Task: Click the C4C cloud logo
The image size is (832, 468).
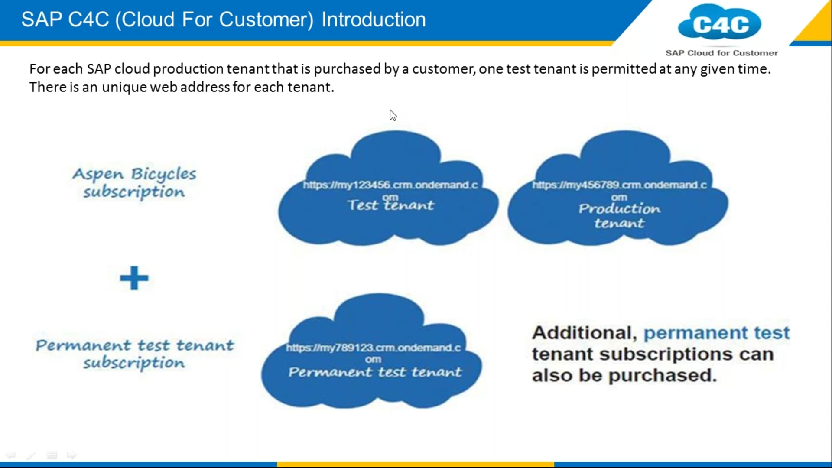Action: tap(720, 23)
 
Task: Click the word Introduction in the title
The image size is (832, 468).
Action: tap(374, 20)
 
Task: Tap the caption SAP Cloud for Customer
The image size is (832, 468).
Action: tap(721, 53)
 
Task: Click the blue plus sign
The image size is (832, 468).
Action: tap(134, 278)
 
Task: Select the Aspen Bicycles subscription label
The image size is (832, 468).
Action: tap(134, 182)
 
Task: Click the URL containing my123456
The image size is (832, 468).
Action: tap(390, 185)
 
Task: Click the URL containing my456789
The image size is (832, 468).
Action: tap(619, 185)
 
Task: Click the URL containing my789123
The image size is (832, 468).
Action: tap(373, 348)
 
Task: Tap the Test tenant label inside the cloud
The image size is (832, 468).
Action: tap(390, 205)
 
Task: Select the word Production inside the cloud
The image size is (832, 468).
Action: tap(619, 209)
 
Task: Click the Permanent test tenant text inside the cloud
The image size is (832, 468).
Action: tap(375, 372)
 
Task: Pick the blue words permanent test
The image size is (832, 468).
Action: tap(717, 333)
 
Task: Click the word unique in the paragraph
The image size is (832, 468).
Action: tap(124, 87)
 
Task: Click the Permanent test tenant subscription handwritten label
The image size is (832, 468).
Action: tap(134, 354)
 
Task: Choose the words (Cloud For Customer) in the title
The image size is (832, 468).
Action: tap(214, 20)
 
